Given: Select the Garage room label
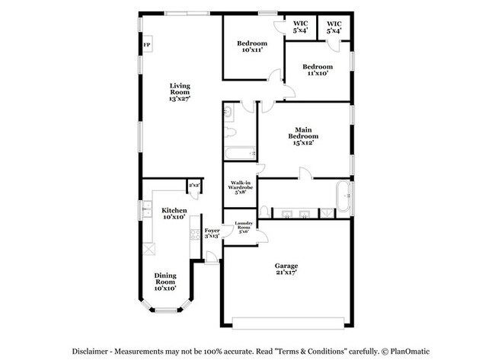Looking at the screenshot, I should (286, 268).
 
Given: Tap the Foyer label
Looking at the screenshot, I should (212, 233).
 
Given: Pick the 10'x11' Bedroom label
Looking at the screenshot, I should (251, 46).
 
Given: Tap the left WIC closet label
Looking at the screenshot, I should (300, 27).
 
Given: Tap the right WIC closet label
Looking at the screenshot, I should (334, 27).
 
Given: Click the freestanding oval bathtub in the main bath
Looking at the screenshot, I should (343, 196).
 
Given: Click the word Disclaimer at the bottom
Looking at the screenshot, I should (93, 352).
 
